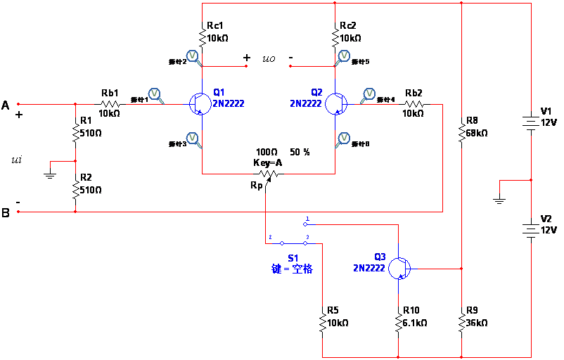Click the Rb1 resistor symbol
coord(110,104)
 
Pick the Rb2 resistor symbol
coord(414,104)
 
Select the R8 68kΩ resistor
coord(461,132)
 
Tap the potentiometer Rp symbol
coord(267,173)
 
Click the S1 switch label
coord(293,258)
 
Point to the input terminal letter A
coord(6,105)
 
